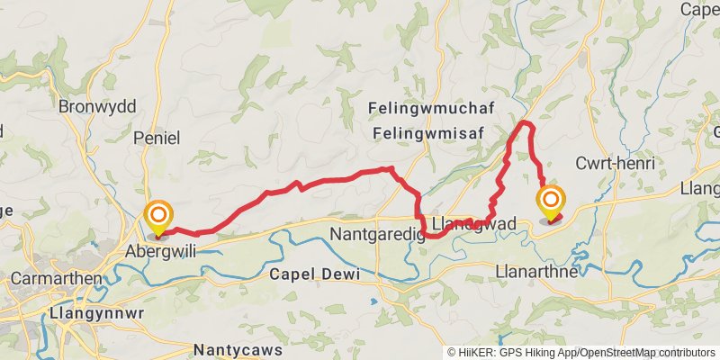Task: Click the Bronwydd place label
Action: [96, 106]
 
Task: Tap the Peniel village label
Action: [157, 138]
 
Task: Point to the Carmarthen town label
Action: [56, 278]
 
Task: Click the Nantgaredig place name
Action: [371, 235]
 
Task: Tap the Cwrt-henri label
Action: [615, 163]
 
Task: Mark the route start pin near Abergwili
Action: [158, 215]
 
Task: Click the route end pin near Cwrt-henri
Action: [550, 199]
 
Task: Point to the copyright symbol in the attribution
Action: [452, 352]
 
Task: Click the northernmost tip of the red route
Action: [526, 121]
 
